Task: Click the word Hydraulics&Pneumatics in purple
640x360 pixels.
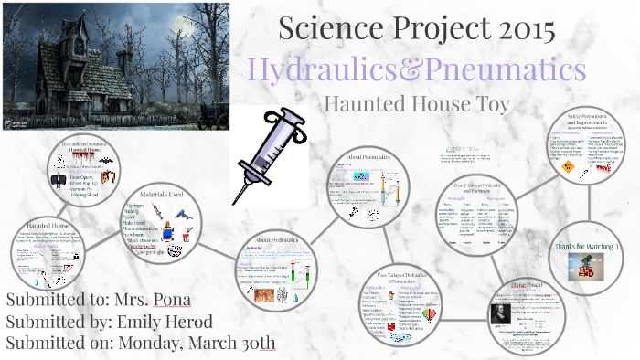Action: (417, 69)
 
